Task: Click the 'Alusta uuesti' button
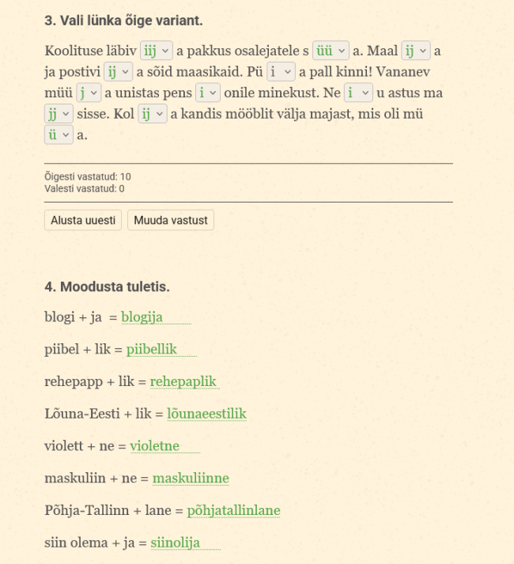pos(82,220)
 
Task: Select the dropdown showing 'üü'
pos(331,51)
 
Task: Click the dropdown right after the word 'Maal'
pos(416,51)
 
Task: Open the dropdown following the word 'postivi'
pos(119,72)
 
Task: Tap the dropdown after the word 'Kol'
pos(153,114)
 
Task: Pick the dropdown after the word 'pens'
pos(208,93)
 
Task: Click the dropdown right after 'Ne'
pos(358,93)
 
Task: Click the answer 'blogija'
pos(142,317)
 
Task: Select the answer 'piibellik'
pos(152,350)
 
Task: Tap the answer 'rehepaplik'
pos(183,382)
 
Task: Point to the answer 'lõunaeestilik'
pos(207,414)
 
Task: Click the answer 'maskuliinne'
pos(191,479)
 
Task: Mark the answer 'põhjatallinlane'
pos(233,511)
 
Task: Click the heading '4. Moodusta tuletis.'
pos(108,286)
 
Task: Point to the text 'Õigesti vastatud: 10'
pos(88,176)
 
